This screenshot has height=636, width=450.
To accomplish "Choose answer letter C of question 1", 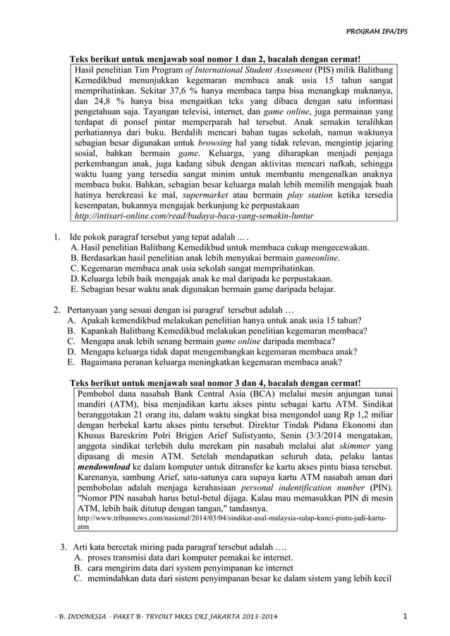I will [x=75, y=268].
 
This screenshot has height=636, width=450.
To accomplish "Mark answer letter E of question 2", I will [x=71, y=362].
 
